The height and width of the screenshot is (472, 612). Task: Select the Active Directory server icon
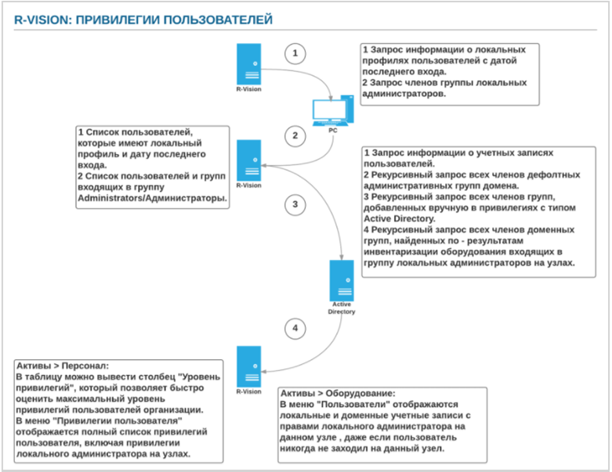pyautogui.click(x=341, y=279)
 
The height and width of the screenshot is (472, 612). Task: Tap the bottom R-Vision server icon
pyautogui.click(x=249, y=365)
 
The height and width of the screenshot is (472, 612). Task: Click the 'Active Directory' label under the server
pyautogui.click(x=341, y=307)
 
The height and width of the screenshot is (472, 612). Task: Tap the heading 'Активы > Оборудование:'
pyautogui.click(x=337, y=393)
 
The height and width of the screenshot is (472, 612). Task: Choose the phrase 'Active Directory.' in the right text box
pyautogui.click(x=398, y=219)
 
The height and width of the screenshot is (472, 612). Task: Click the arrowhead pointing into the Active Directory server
pyautogui.click(x=342, y=255)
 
